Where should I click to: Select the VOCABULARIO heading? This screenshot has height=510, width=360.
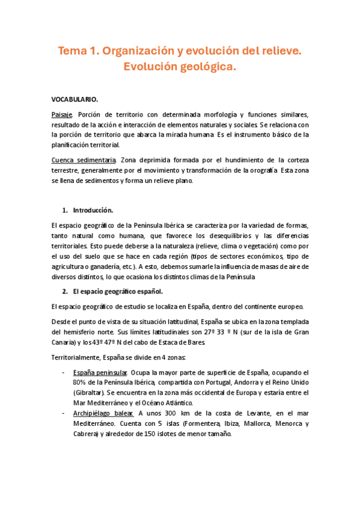(75, 99)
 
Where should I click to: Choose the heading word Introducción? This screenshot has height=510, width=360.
(93, 210)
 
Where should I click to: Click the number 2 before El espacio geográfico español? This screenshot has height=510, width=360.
(65, 292)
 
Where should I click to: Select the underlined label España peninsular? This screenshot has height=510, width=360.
(99, 372)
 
